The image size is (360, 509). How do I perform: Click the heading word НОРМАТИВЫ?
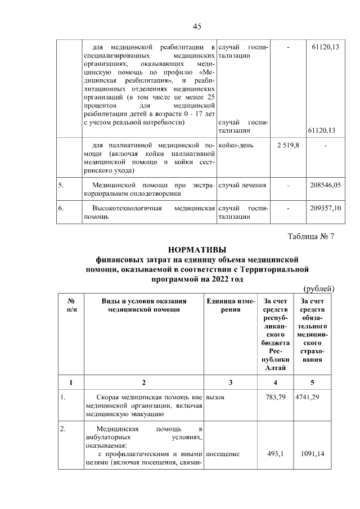click(x=196, y=249)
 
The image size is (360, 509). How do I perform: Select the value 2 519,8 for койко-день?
click(x=288, y=146)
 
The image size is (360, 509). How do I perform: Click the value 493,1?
click(x=277, y=453)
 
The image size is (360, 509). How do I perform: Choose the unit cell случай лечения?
click(x=242, y=184)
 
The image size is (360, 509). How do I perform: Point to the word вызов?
click(x=215, y=398)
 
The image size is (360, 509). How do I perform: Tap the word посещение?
click(x=223, y=453)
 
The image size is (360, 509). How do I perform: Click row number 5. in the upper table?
click(x=61, y=184)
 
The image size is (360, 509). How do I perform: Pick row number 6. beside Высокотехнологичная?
click(x=61, y=208)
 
